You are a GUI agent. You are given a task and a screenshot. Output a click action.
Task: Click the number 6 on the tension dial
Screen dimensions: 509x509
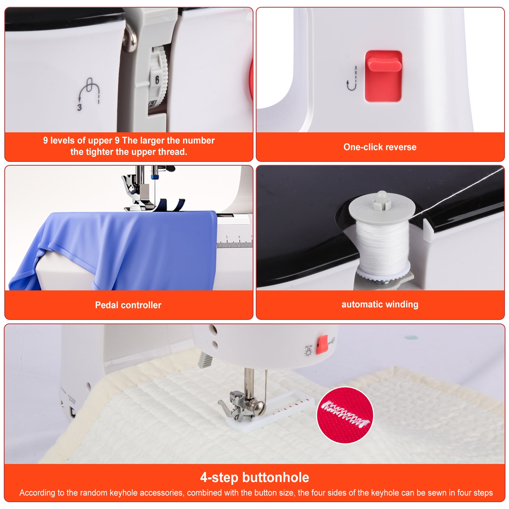[157, 80]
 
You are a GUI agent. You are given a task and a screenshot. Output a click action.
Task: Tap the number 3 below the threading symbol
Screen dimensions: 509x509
[80, 107]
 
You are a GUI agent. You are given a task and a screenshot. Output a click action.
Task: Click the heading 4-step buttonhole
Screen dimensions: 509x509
[254, 477]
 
